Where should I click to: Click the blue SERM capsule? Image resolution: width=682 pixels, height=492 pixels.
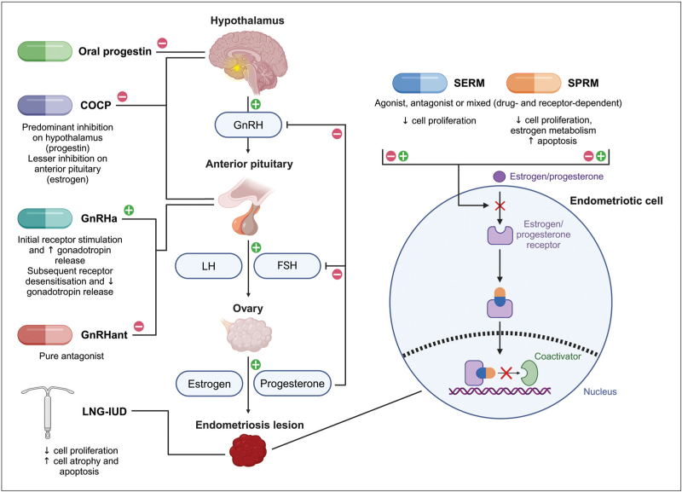(419, 82)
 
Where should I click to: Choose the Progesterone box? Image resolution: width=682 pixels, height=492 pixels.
(295, 384)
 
